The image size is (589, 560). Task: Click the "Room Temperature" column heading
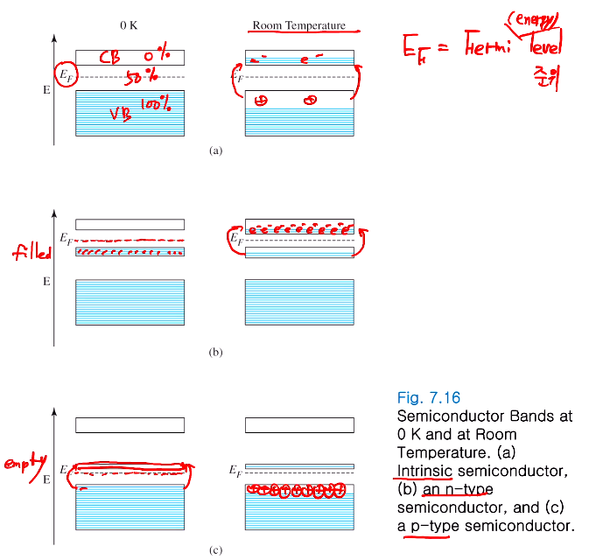pos(299,24)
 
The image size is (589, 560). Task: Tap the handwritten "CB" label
pos(109,58)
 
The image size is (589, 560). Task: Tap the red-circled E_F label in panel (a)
pos(66,77)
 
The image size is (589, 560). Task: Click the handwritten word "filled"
pos(32,254)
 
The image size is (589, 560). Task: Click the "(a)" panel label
pos(216,150)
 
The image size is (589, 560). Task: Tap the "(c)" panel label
pos(216,550)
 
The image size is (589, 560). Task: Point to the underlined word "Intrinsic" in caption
pos(424,473)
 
